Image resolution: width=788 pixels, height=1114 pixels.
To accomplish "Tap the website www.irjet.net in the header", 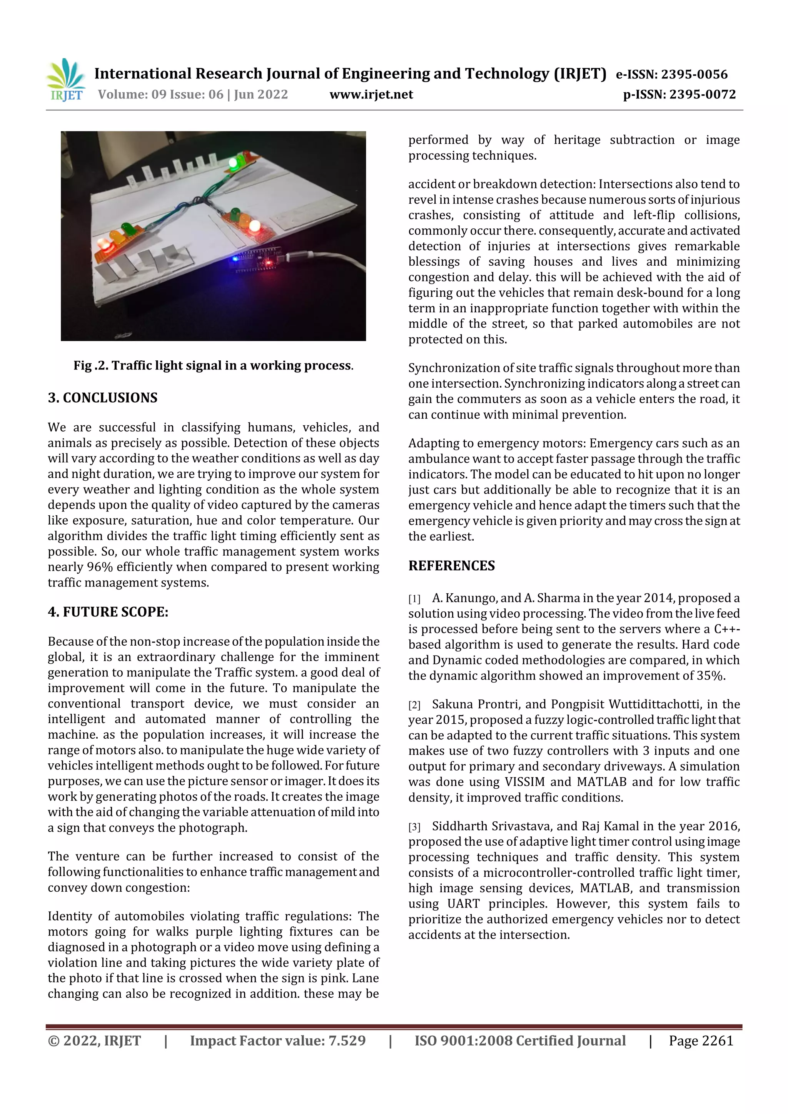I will (x=371, y=94).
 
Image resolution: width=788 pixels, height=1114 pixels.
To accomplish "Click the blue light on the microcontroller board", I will (x=235, y=260).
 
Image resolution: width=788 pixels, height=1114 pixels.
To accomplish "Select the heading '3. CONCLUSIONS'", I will (x=102, y=398).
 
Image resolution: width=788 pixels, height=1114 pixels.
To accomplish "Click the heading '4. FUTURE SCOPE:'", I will (x=108, y=612).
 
